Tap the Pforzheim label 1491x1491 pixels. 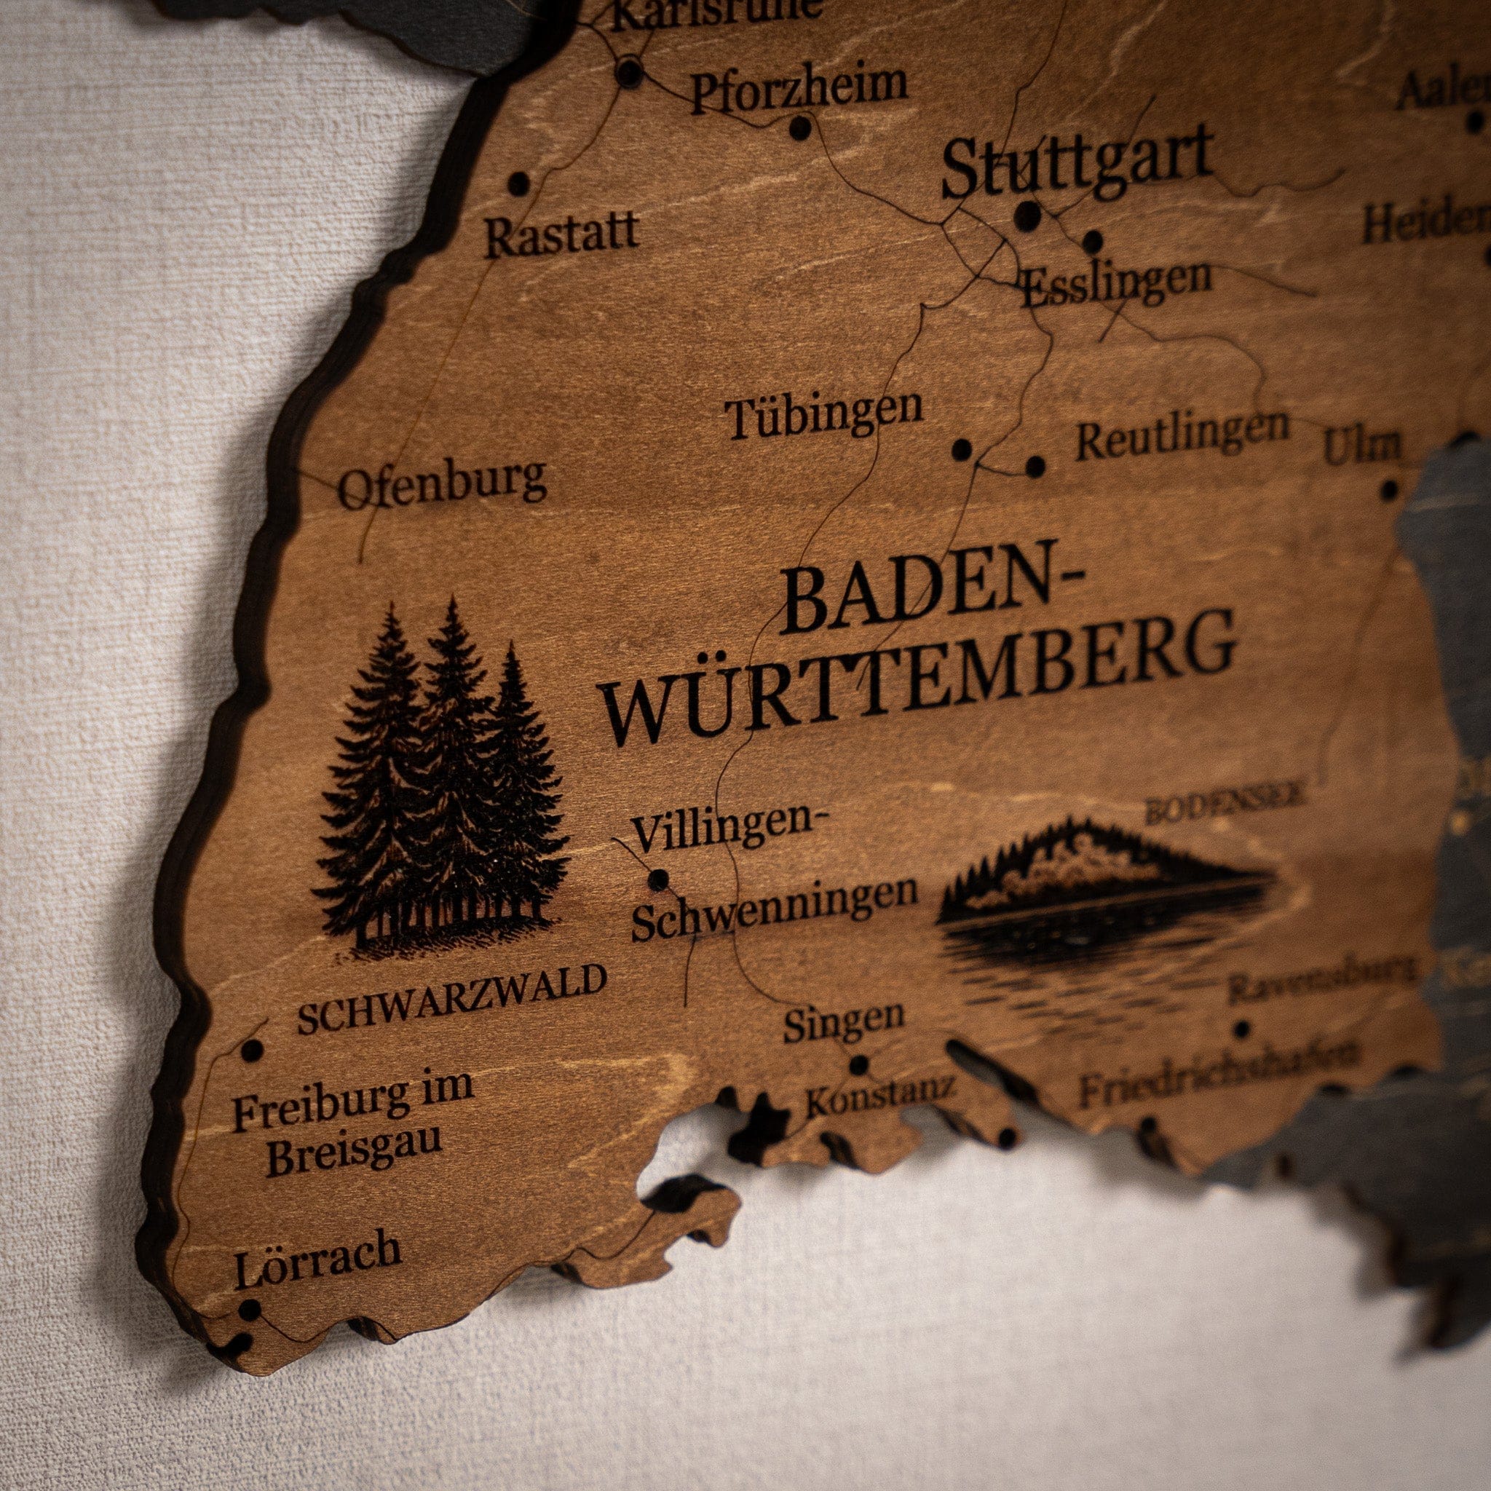coord(799,89)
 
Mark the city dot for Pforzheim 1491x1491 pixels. coord(801,127)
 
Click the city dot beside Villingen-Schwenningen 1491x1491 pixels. coord(659,879)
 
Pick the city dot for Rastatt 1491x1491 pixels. coord(519,183)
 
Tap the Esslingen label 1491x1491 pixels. coord(1115,282)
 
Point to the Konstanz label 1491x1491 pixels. coord(879,1096)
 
